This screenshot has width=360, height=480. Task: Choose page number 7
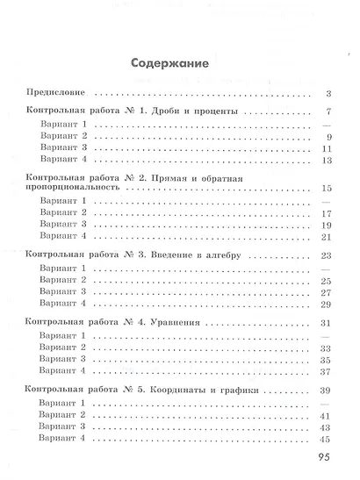(327, 112)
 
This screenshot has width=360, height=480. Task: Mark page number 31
(326, 323)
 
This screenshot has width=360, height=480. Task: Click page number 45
(326, 440)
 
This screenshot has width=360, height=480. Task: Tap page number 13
(326, 162)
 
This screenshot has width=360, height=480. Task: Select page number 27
(326, 290)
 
